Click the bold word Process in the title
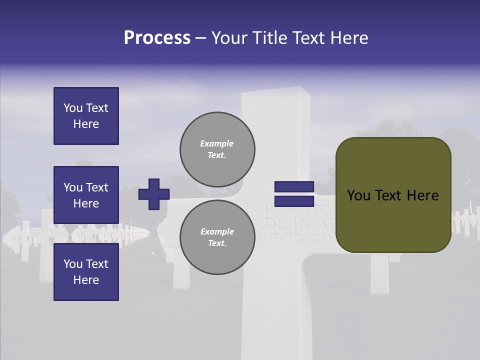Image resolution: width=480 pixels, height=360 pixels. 157,38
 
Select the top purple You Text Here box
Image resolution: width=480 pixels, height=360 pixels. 86,116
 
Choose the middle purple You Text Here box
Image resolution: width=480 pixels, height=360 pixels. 86,195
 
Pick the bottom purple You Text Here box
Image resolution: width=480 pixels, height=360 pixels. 86,272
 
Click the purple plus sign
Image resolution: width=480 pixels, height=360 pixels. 154,194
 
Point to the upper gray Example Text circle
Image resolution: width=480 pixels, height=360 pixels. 217,149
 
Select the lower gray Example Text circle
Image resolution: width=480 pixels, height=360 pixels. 217,237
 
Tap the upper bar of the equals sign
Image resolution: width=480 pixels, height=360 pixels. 294,187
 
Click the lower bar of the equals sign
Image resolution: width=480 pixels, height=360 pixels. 294,201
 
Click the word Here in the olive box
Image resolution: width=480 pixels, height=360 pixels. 423,195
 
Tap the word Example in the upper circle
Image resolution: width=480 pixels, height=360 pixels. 216,143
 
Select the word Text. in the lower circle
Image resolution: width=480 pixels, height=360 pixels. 217,243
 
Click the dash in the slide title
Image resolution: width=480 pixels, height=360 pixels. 201,38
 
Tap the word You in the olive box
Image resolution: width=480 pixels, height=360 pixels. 358,195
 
